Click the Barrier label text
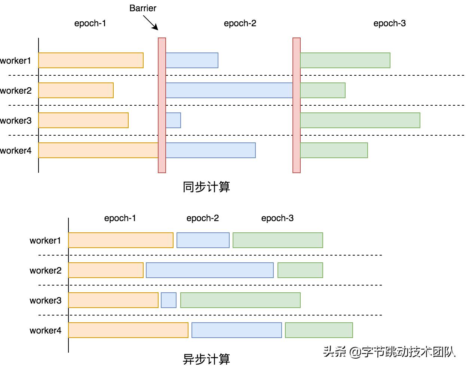click(142, 8)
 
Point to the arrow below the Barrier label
click(151, 23)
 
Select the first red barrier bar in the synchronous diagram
click(162, 105)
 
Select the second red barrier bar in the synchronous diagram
click(297, 105)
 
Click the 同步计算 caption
click(206, 187)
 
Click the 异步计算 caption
click(206, 359)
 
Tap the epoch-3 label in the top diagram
click(389, 23)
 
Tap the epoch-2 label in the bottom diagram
click(202, 218)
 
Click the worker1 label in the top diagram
click(16, 61)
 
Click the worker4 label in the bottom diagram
click(45, 331)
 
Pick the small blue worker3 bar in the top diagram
click(173, 120)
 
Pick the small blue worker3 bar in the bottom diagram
click(169, 300)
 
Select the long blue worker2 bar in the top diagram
click(229, 90)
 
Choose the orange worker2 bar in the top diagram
click(76, 90)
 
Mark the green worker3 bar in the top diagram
click(360, 120)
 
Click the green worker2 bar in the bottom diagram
click(300, 270)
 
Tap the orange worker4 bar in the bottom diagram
click(128, 330)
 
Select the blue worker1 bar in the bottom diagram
click(203, 240)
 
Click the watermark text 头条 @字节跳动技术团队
click(389, 352)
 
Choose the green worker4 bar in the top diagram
click(334, 150)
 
